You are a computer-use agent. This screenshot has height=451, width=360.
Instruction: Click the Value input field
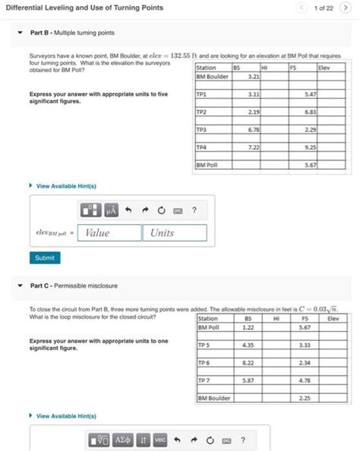pos(109,233)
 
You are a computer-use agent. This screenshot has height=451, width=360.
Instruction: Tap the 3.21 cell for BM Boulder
pos(254,76)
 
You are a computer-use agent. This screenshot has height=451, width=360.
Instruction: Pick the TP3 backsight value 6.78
pos(254,129)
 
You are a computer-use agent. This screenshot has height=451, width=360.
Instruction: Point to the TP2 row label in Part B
pos(202,112)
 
